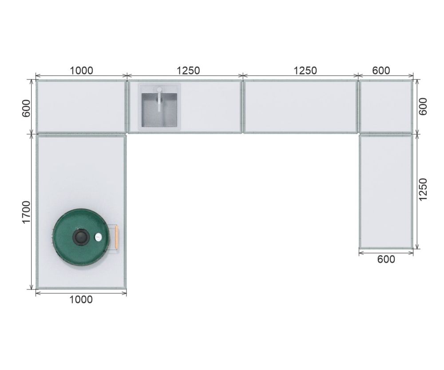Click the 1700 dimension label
coord(26,212)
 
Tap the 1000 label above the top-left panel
coord(81,71)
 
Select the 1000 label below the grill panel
coord(81,299)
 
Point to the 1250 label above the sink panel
coord(188,71)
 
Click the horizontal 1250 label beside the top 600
coord(305,71)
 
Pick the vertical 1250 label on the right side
coord(423,190)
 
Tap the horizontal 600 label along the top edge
coord(381,71)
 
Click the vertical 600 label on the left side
coord(26,108)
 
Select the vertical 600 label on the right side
coord(423,107)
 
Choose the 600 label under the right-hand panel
coord(386,259)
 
